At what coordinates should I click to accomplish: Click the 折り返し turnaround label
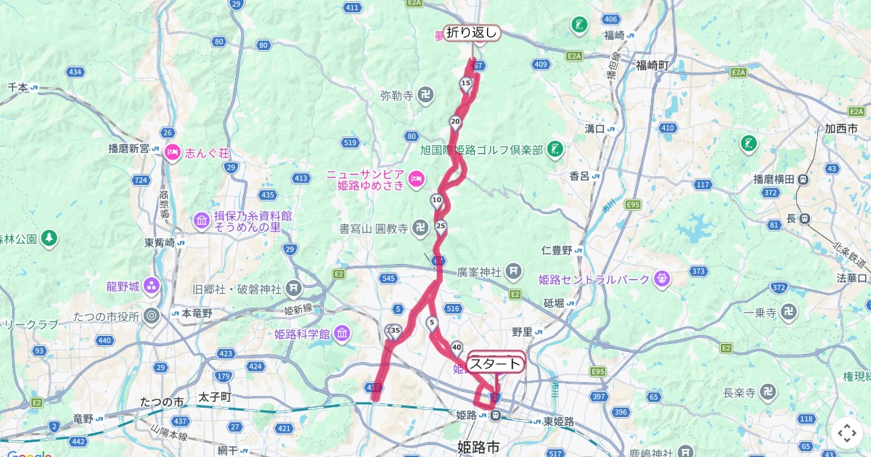(x=473, y=33)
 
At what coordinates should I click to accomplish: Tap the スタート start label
(x=496, y=363)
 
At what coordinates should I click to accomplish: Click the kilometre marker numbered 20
(x=455, y=122)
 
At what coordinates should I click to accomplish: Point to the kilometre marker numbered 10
(x=436, y=200)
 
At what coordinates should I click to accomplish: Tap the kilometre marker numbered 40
(x=457, y=347)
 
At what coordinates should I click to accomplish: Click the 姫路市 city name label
(x=480, y=445)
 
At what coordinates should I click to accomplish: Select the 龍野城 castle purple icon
(x=152, y=286)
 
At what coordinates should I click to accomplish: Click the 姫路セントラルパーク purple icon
(x=661, y=279)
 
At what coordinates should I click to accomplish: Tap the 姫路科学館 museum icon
(x=342, y=334)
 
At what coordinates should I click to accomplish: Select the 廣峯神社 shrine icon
(x=513, y=272)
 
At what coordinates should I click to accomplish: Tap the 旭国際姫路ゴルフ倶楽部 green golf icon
(x=555, y=149)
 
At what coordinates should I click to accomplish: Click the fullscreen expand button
(x=846, y=433)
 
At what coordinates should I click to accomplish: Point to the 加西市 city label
(x=841, y=128)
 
